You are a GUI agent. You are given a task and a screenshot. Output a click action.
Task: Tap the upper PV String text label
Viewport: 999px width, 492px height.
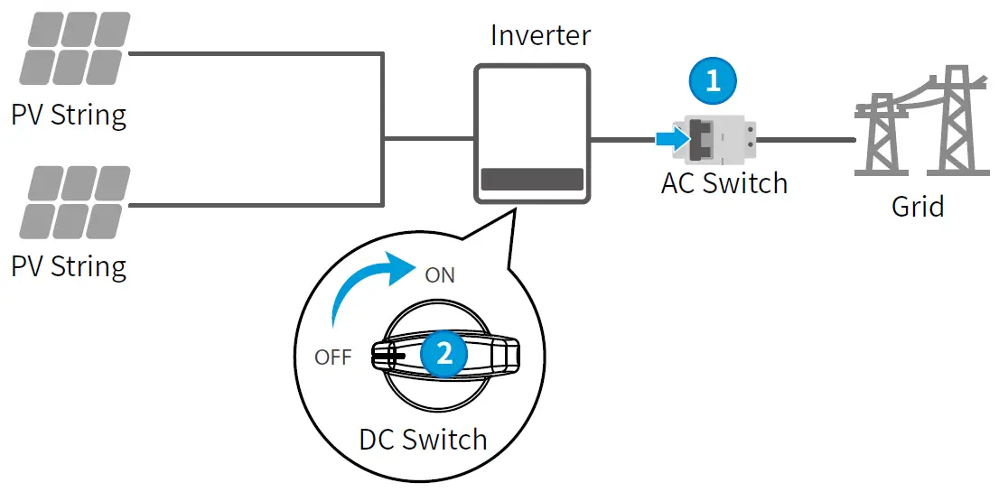(x=69, y=116)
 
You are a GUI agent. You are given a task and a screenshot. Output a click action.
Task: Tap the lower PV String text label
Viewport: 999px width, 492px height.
(x=69, y=266)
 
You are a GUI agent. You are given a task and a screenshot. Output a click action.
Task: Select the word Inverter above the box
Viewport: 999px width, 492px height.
(x=540, y=35)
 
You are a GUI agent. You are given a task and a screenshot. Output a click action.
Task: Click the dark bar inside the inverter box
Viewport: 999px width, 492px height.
(x=532, y=178)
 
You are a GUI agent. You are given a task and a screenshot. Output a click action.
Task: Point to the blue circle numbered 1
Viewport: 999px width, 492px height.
(x=713, y=80)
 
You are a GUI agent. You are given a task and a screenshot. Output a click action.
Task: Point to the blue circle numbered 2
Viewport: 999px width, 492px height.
(x=443, y=353)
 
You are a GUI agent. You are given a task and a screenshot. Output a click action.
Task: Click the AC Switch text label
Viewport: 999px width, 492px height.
(x=724, y=183)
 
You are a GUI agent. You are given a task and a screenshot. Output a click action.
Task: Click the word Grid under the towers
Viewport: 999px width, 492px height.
(x=918, y=206)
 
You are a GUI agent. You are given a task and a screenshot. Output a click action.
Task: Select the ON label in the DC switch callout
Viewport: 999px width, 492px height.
(x=439, y=275)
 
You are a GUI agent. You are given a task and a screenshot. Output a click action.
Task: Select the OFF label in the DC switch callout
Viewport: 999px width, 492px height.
(x=332, y=357)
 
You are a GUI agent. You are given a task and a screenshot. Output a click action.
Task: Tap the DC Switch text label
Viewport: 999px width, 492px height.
(x=423, y=440)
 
